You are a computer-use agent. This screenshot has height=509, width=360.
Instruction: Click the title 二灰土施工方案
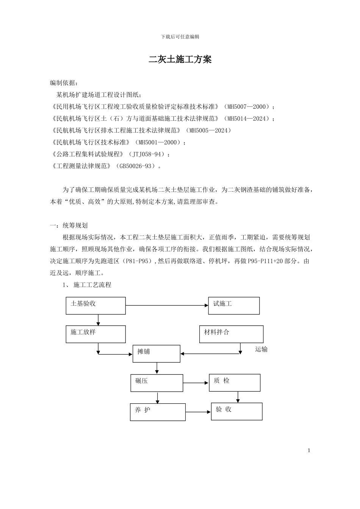pyautogui.click(x=180, y=59)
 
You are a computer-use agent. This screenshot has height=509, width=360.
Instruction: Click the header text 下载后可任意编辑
pyautogui.click(x=180, y=37)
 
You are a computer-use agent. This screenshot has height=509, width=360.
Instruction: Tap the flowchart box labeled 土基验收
pyautogui.click(x=95, y=306)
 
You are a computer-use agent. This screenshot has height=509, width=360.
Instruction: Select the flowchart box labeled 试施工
pyautogui.click(x=234, y=306)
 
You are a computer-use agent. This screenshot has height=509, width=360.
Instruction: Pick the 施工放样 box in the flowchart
pyautogui.click(x=95, y=334)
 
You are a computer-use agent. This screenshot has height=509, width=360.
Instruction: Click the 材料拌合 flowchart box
pyautogui.click(x=231, y=334)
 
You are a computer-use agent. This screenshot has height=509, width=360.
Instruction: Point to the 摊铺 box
pyautogui.click(x=156, y=353)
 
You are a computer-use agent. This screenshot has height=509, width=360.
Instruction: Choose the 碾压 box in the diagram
pyautogui.click(x=157, y=383)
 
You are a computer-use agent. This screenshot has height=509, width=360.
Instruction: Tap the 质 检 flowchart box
pyautogui.click(x=235, y=383)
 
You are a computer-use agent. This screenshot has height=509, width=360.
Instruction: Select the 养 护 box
pyautogui.click(x=158, y=412)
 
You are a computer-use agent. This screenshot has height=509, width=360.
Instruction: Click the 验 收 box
pyautogui.click(x=236, y=411)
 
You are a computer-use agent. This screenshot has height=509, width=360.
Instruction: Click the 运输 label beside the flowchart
pyautogui.click(x=261, y=350)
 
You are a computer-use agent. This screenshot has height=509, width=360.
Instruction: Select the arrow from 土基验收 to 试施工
pyautogui.click(x=167, y=305)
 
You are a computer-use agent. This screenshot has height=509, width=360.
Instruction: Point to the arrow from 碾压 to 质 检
pyautogui.click(x=196, y=383)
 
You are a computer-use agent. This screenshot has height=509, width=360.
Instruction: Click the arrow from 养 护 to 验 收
pyautogui.click(x=198, y=412)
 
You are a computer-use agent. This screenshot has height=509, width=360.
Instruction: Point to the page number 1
pyautogui.click(x=309, y=450)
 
